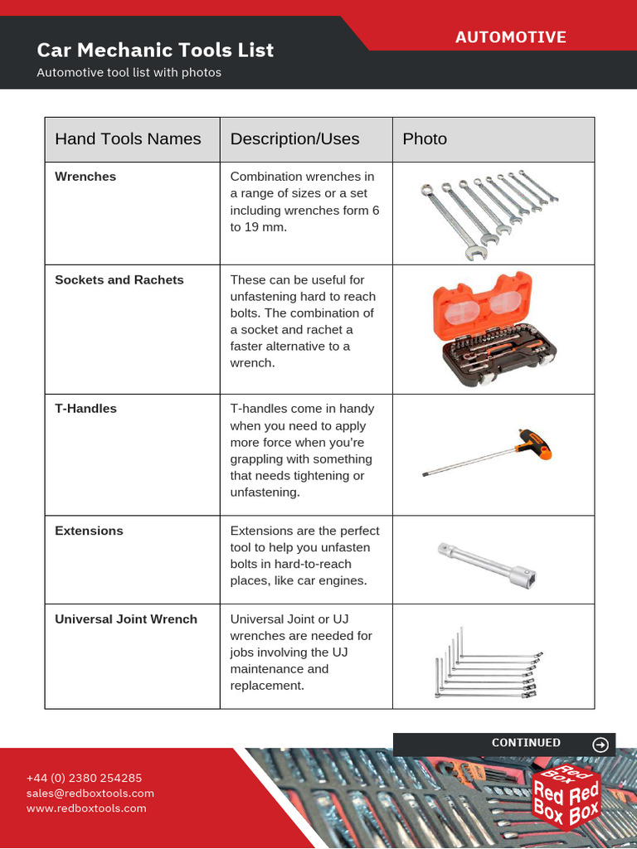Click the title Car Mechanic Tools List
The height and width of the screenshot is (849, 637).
[155, 50]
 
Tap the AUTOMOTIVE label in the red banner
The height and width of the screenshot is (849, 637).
[510, 37]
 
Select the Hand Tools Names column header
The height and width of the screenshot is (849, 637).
[128, 139]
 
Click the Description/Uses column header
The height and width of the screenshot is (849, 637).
[294, 139]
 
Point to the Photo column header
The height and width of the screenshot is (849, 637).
[425, 139]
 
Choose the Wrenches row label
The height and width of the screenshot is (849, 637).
[85, 177]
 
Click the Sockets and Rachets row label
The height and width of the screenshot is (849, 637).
[119, 280]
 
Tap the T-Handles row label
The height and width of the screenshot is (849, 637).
[85, 409]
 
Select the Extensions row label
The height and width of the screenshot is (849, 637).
[89, 531]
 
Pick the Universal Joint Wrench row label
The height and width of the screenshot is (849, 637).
[126, 619]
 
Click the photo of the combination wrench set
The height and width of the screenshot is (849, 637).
[489, 213]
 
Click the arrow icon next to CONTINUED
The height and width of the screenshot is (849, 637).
[601, 745]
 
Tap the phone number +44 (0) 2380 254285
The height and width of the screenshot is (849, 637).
[84, 778]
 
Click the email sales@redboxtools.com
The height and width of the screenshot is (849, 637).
[90, 793]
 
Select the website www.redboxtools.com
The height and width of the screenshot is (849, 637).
[86, 808]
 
